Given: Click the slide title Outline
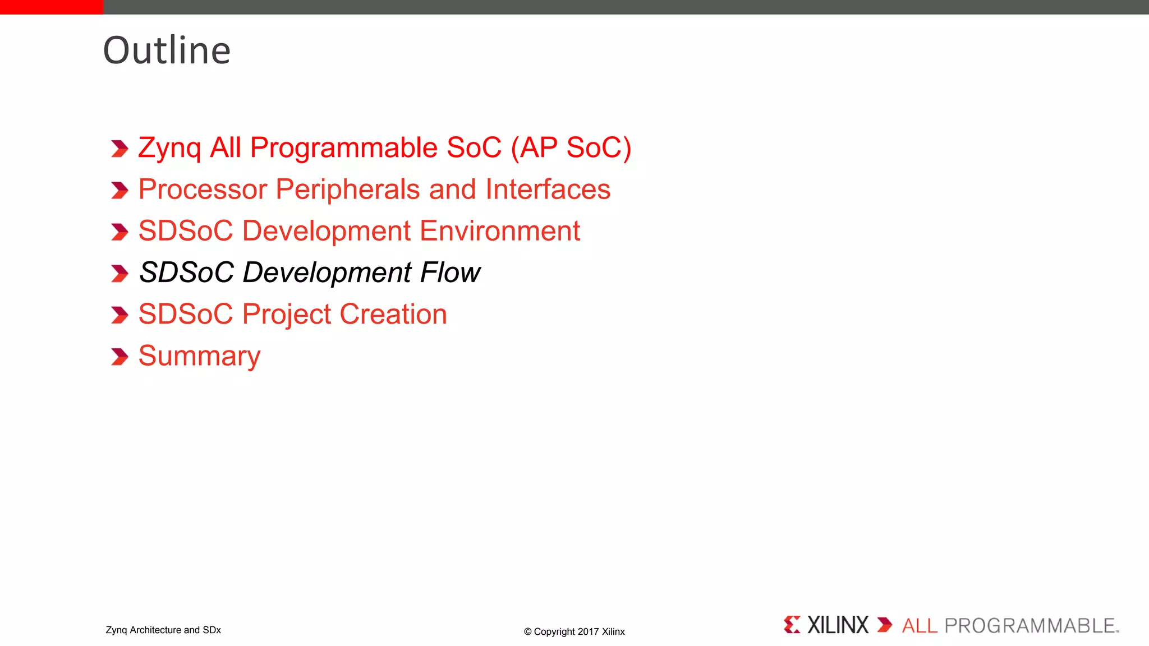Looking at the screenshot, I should coord(167,50).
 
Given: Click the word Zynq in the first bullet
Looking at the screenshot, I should coord(169,149).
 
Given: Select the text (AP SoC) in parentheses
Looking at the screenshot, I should coord(571,148).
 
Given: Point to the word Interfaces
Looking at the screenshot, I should coord(548,190).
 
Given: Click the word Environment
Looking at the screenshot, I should coord(499,231).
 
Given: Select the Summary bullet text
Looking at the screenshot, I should coord(199,356).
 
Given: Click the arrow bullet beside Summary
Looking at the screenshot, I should coord(120,357).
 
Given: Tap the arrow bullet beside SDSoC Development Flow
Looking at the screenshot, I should coord(120,274).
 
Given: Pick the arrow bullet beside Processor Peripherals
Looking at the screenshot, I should coord(120,191).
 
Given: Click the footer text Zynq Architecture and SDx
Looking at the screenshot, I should coord(163,630).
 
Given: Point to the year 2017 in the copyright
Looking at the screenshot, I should coord(588,631).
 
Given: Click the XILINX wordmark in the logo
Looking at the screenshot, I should coord(837,625).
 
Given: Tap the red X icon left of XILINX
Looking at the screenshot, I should coord(792,625).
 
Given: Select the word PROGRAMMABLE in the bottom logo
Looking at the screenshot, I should coord(1030,626).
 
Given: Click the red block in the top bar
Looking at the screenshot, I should coord(52,7).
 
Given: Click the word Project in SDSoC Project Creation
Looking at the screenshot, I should coord(287,315).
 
